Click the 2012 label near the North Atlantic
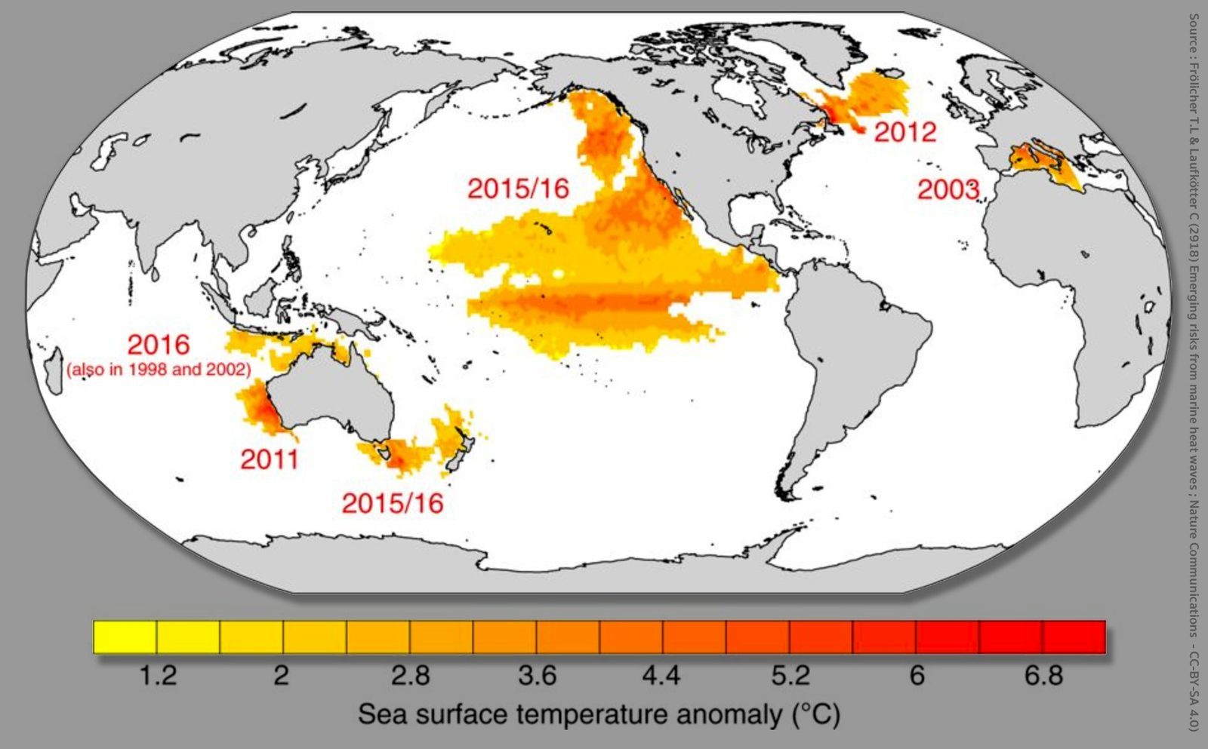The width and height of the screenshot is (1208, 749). coord(904,132)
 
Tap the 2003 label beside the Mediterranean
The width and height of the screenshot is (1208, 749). coord(948,189)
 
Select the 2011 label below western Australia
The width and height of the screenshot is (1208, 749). coord(270,459)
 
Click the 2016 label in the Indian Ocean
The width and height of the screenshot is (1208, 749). coord(158,345)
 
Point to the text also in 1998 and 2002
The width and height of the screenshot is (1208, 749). coord(159,370)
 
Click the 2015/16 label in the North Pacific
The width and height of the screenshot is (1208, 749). coord(518,188)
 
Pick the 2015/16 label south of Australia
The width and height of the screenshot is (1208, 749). coord(393,503)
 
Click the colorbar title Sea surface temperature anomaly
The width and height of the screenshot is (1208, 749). coord(599,714)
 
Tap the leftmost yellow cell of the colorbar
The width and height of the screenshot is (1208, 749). coord(125,637)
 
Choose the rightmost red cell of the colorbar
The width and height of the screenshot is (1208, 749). coord(1074,637)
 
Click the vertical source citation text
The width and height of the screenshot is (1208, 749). coord(1194,370)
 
